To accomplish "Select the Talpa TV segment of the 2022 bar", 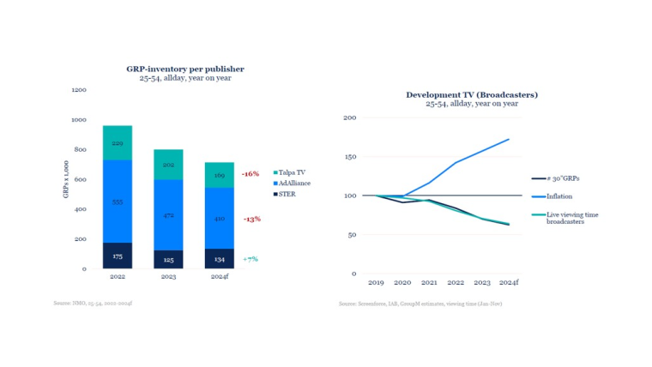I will (117, 142).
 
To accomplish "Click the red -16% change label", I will (251, 173).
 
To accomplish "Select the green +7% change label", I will (251, 258).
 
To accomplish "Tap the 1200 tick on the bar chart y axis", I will (78, 90).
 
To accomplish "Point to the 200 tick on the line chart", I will (350, 117).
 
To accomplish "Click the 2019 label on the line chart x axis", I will (375, 282).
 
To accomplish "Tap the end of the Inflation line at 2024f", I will (508, 139).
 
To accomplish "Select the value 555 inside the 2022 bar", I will (117, 202).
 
